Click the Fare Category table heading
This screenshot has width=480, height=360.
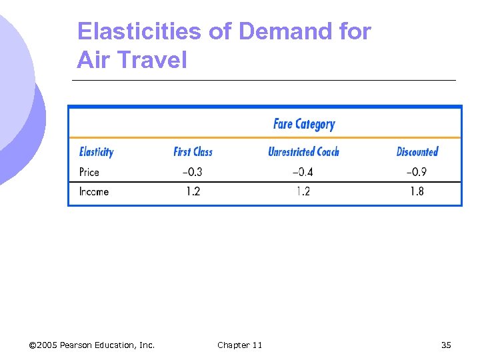point(304,124)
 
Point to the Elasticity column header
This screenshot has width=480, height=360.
point(96,152)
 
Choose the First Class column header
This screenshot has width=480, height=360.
point(193,152)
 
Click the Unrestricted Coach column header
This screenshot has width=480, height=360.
point(303,152)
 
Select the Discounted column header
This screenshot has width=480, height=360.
point(417,152)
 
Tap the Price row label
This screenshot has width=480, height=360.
point(89,172)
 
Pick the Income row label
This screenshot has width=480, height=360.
point(93,191)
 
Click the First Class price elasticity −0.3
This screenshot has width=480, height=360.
point(192,172)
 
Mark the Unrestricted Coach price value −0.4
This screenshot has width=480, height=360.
point(303,172)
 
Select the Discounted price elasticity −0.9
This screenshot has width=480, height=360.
point(417,172)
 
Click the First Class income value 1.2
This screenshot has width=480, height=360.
point(193,191)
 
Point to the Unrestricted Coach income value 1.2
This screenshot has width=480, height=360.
point(304,191)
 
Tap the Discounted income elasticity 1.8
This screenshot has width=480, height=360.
point(417,191)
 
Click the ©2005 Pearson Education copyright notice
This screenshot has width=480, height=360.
point(92,345)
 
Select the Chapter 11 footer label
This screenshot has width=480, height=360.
point(239,345)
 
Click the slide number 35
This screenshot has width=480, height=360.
point(446,345)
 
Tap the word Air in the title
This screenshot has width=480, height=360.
point(92,60)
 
